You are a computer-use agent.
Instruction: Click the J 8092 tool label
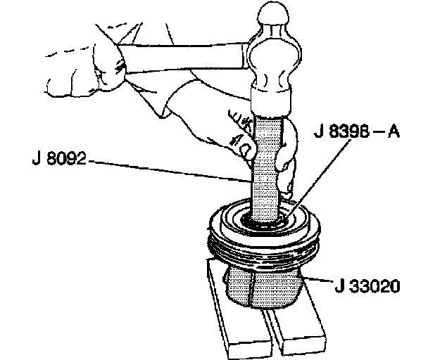point(59,158)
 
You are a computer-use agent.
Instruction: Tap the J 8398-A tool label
point(357,131)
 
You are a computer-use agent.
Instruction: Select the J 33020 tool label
point(367,286)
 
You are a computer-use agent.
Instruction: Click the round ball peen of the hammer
point(273,14)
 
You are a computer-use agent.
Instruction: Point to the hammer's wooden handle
point(183,58)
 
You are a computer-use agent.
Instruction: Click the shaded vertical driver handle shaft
point(266,167)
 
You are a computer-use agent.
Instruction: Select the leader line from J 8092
point(170,171)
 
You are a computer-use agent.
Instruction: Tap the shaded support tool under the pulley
point(264,288)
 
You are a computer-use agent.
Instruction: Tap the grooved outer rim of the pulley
point(264,245)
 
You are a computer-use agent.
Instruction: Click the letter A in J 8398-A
point(393,131)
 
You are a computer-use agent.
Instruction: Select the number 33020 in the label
point(374,286)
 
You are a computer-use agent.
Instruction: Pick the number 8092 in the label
point(67,158)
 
